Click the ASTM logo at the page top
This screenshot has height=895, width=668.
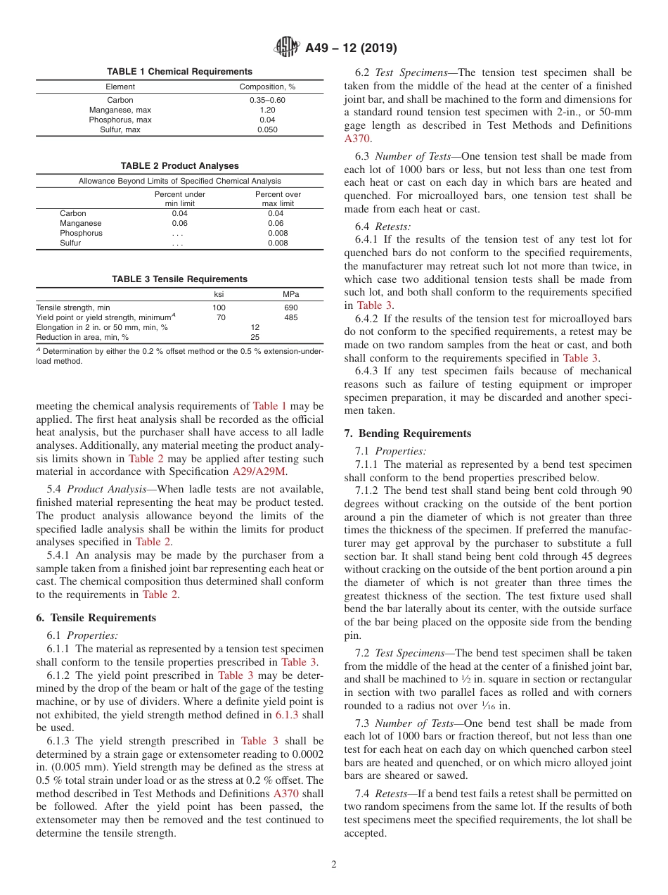click(x=286, y=48)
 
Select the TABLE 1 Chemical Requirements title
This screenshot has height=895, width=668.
click(x=179, y=72)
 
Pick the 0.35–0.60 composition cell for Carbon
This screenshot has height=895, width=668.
click(x=266, y=100)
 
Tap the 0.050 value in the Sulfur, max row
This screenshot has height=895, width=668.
click(x=266, y=129)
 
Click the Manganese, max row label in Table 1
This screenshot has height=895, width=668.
click(x=120, y=110)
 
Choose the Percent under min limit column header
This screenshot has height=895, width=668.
click(x=180, y=198)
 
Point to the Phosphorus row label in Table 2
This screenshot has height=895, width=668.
click(x=81, y=233)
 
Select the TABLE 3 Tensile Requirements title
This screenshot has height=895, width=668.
click(x=179, y=279)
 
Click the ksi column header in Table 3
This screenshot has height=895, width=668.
click(x=219, y=294)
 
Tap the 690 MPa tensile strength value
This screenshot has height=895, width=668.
click(x=290, y=307)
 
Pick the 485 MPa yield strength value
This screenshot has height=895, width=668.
click(x=290, y=317)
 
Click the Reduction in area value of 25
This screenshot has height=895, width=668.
click(x=255, y=337)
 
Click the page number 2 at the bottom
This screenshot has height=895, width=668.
click(x=334, y=865)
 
